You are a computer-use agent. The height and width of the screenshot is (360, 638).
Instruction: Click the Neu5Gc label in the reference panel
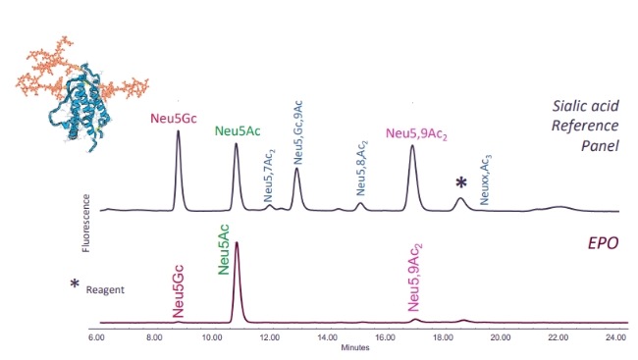[174, 119]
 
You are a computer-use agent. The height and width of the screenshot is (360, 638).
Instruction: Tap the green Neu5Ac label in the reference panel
[238, 131]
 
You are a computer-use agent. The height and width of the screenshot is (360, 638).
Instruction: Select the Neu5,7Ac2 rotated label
[269, 177]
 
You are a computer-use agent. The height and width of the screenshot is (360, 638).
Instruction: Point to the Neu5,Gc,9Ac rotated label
[297, 133]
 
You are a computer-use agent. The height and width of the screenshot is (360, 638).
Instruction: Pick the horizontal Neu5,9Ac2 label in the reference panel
[416, 133]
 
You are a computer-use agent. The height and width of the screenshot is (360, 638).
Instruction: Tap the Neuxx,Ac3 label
[486, 180]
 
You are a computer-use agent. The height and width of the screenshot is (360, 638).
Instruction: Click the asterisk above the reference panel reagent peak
[461, 183]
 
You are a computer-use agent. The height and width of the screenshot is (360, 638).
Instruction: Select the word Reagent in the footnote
[105, 290]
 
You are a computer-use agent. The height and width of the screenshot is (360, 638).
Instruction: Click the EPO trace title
[603, 243]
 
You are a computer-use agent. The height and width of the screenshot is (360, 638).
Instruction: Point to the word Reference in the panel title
[585, 126]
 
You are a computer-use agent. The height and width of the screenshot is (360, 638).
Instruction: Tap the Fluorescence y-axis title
[85, 224]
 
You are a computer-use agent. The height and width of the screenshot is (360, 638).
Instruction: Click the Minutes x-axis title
[355, 348]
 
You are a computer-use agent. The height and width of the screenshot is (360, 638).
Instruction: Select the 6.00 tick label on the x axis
[96, 337]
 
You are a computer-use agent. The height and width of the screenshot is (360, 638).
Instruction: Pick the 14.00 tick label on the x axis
[327, 337]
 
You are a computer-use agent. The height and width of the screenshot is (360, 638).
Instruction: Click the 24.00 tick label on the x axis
[616, 337]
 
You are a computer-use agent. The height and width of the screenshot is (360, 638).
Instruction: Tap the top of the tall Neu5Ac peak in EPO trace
[237, 242]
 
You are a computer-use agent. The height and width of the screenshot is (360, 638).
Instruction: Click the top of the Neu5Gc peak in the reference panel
[178, 130]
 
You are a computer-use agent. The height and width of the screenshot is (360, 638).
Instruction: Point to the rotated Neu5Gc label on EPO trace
[179, 291]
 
